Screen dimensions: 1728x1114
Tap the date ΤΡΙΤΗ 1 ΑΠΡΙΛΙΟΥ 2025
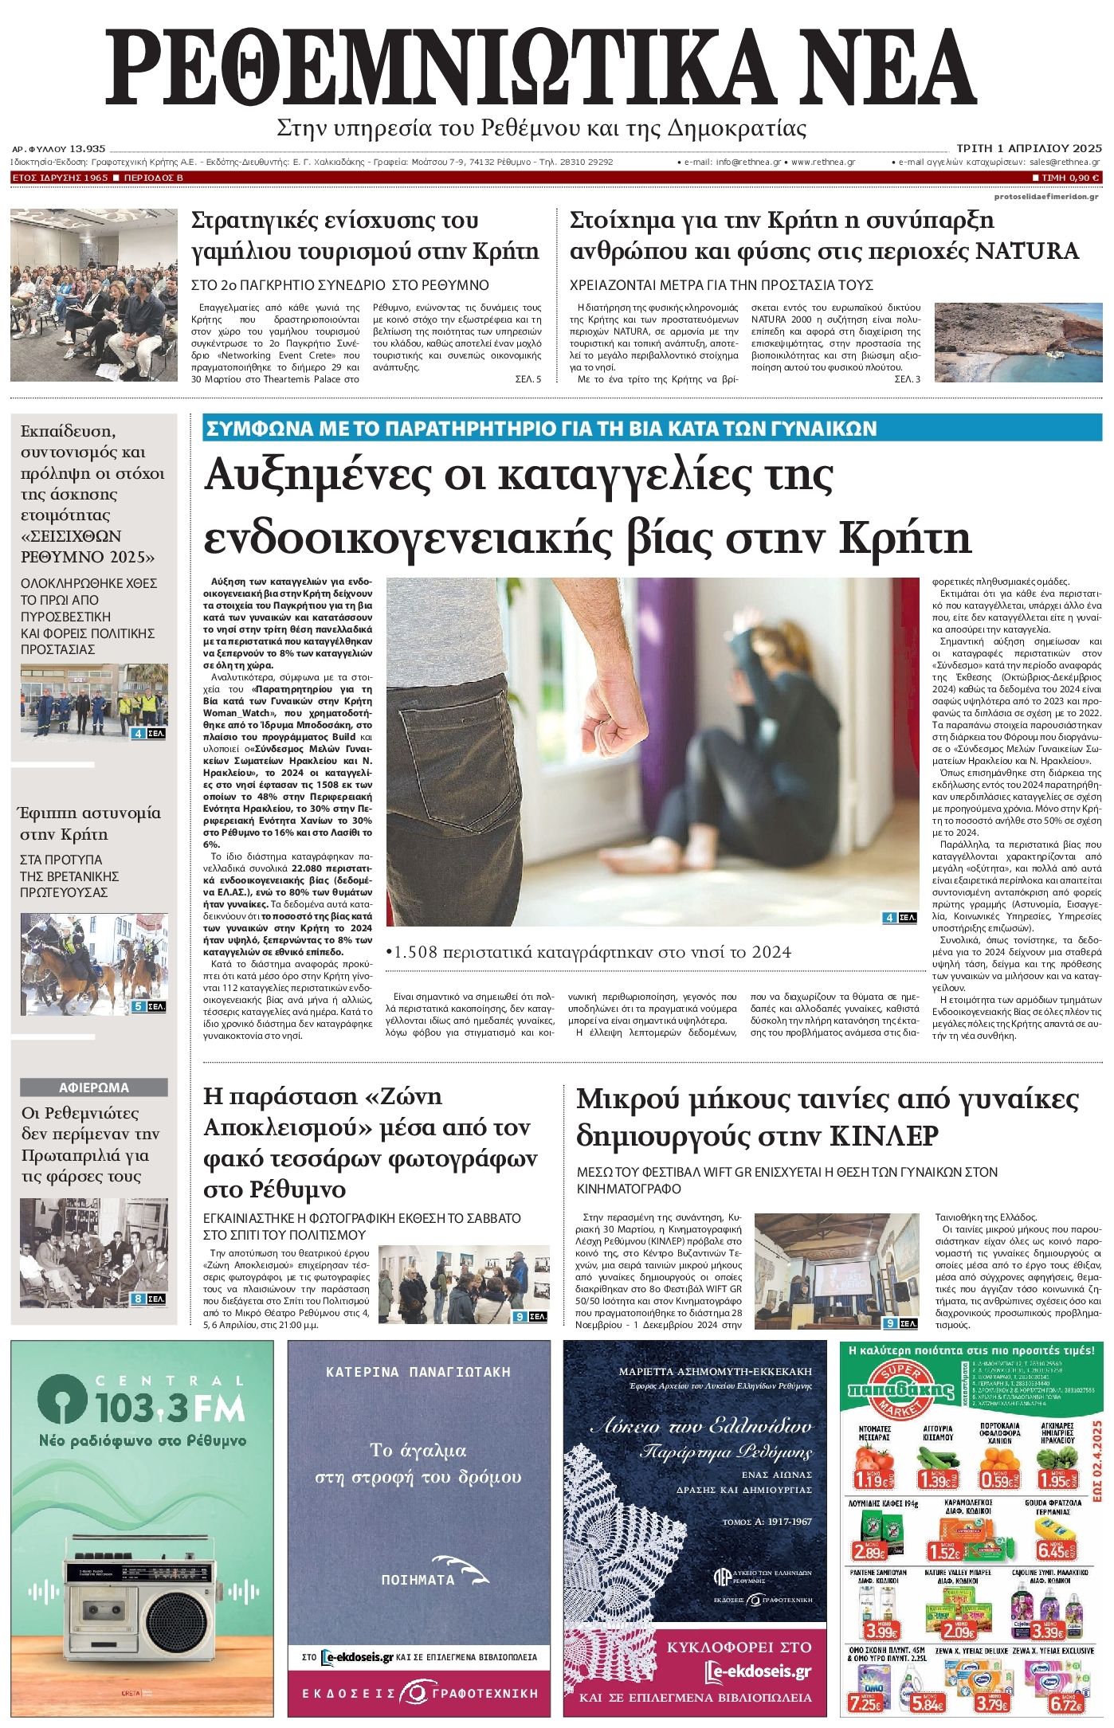pyautogui.click(x=1029, y=148)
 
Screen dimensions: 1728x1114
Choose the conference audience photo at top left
pyautogui.click(x=94, y=295)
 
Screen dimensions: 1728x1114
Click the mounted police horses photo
pyautogui.click(x=94, y=963)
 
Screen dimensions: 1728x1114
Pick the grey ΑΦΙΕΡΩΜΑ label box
pyautogui.click(x=94, y=1087)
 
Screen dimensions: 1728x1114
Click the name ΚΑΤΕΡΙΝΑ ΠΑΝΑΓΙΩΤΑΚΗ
pyautogui.click(x=418, y=1372)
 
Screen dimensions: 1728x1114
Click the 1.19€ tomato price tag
pyautogui.click(x=873, y=1479)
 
